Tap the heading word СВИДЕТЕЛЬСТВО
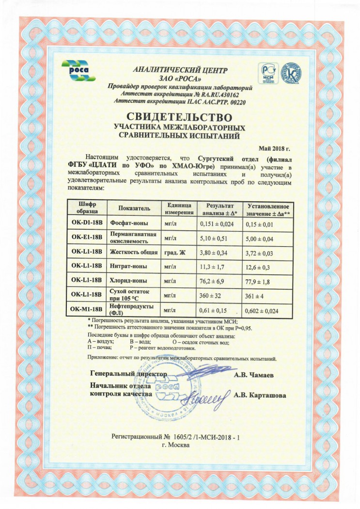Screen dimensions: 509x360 click(x=180, y=117)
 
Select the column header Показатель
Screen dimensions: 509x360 click(x=134, y=208)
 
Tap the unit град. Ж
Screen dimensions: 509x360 click(x=175, y=252)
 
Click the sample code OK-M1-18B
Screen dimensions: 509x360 click(x=86, y=309)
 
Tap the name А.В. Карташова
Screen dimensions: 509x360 click(x=260, y=395)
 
